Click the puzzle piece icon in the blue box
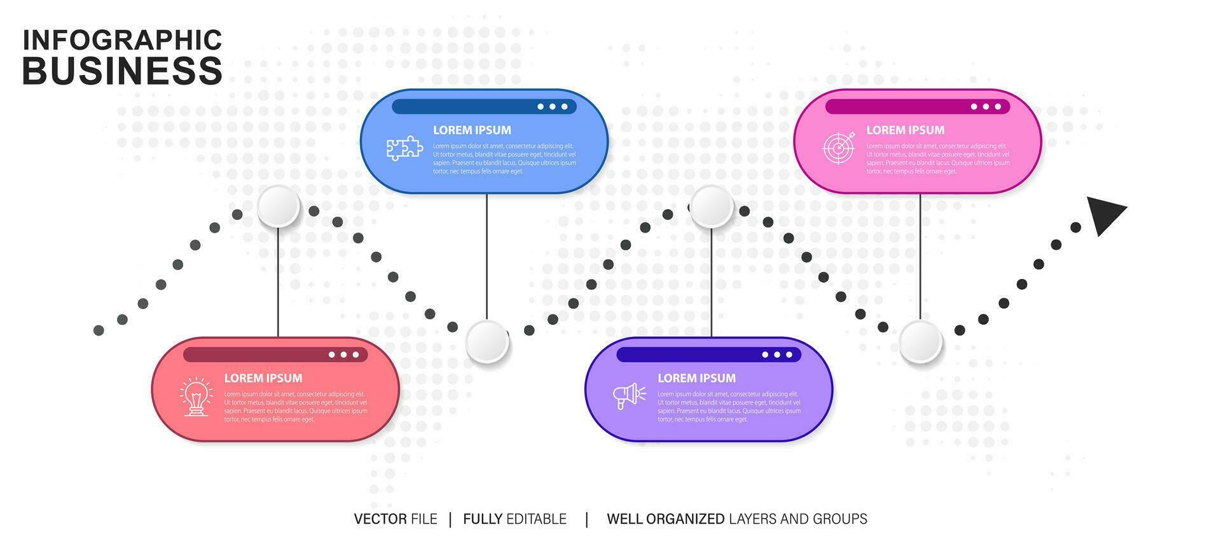(404, 148)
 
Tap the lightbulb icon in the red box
(196, 397)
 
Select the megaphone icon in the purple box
(629, 396)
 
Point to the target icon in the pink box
(838, 147)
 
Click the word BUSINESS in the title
(122, 71)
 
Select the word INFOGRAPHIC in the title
(122, 39)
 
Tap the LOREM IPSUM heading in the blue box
(472, 130)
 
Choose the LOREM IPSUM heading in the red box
(263, 378)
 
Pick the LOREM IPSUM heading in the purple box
(696, 378)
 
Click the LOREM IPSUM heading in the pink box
(905, 130)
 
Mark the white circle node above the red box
(279, 207)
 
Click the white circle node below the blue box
(487, 342)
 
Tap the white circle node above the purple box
(712, 207)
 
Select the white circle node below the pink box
(920, 342)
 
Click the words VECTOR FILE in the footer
(396, 519)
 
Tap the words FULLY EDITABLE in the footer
(514, 519)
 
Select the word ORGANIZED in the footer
(685, 519)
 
